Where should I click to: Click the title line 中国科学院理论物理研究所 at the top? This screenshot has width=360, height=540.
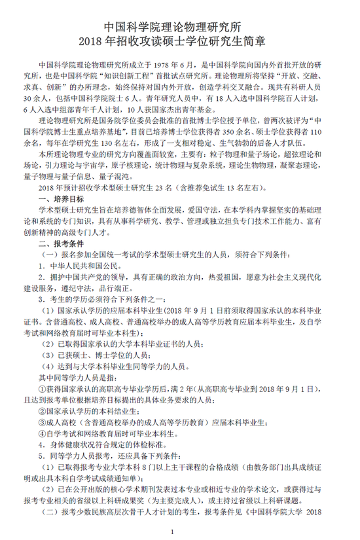pos(180,27)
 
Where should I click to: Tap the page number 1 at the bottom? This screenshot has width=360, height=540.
pos(171,531)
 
